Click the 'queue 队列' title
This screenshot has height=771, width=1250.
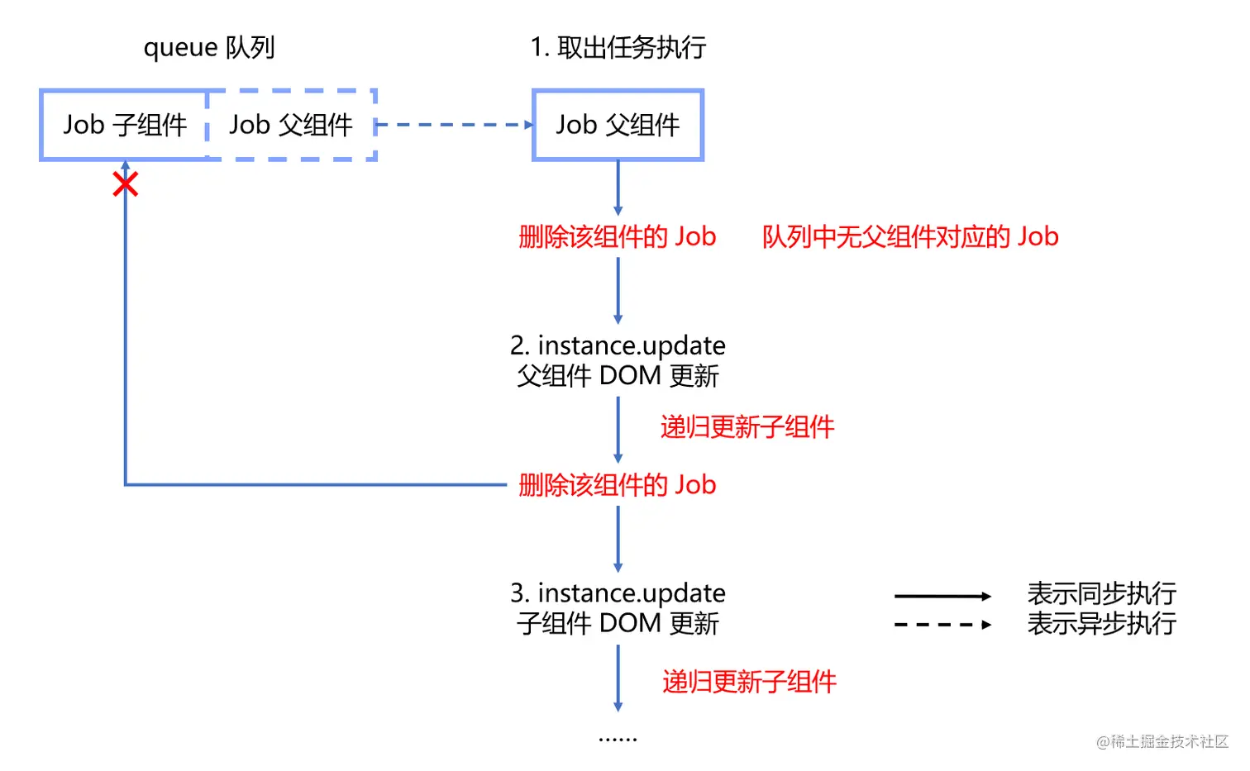209,47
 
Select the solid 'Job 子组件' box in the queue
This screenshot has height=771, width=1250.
125,125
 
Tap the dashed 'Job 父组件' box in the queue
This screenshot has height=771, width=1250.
291,125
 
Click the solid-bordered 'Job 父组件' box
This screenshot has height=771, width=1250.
618,125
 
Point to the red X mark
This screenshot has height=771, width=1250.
125,184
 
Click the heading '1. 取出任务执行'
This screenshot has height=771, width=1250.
618,47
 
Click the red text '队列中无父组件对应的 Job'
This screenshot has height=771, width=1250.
909,237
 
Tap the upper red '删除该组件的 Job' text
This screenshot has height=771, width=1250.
617,237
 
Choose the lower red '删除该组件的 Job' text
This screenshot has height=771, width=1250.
617,485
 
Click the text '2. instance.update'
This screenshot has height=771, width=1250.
618,345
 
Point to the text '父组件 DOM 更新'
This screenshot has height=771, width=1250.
618,376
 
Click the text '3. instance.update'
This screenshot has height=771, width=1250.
618,593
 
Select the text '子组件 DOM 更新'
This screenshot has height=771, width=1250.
618,623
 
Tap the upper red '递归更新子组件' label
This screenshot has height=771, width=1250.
747,427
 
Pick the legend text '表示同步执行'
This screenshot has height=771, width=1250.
1101,593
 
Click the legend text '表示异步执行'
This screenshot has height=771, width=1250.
1101,623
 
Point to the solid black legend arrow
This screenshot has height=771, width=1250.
942,596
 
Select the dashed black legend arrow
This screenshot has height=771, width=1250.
942,625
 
